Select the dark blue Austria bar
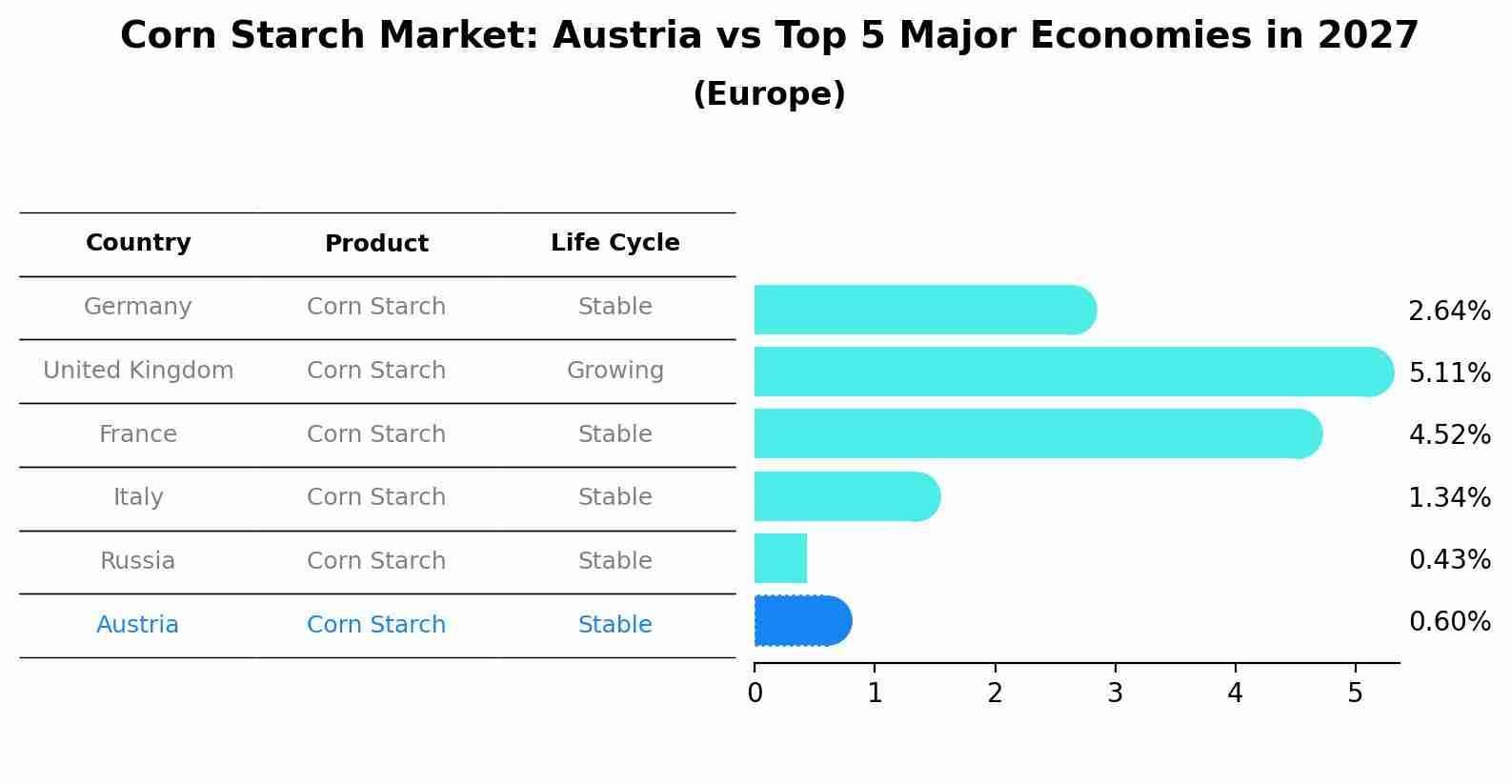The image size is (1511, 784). [800, 621]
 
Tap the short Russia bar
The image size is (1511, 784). [780, 558]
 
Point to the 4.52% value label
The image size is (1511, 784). [1449, 435]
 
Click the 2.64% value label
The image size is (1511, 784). [1449, 312]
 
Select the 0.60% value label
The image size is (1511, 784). [1449, 622]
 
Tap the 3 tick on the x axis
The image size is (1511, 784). [1115, 694]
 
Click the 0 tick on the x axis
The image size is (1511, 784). [755, 694]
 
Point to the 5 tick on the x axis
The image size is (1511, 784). [1355, 694]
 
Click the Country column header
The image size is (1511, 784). [138, 243]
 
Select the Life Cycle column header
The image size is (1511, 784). [614, 243]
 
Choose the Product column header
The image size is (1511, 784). [376, 244]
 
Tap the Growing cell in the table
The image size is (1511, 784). [614, 371]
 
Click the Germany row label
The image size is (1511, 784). [138, 307]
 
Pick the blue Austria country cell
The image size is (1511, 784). [138, 625]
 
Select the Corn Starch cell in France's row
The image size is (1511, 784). [376, 434]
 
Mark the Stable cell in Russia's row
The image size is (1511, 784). [614, 561]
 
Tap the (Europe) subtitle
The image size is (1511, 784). [769, 94]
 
